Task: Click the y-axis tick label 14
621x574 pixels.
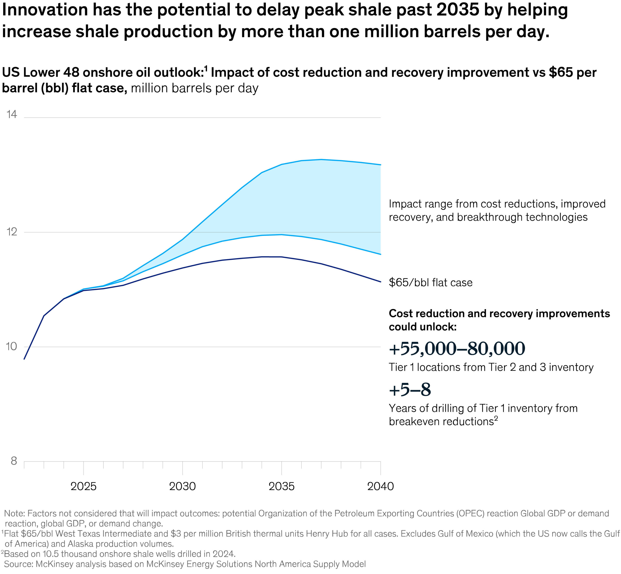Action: pyautogui.click(x=12, y=115)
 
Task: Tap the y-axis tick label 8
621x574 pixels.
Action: pyautogui.click(x=14, y=461)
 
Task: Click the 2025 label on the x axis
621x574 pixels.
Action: pyautogui.click(x=83, y=486)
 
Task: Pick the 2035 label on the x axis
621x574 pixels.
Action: pyautogui.click(x=281, y=486)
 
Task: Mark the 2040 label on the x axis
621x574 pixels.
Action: pyautogui.click(x=380, y=486)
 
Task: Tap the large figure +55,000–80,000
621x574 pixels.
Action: pyautogui.click(x=457, y=349)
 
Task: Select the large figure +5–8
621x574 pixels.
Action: pyautogui.click(x=410, y=390)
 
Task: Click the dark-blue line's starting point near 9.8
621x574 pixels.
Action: pyautogui.click(x=24, y=359)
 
